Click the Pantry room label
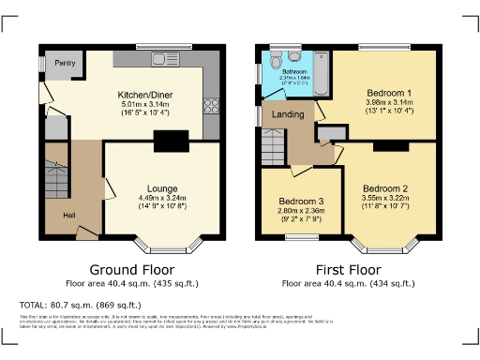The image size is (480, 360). [65, 63]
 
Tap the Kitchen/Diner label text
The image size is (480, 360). [145, 95]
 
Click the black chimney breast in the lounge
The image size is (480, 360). [170, 142]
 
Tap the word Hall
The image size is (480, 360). [69, 216]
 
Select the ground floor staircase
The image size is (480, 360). [58, 179]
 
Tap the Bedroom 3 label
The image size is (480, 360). [302, 202]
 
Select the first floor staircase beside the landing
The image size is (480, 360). [273, 147]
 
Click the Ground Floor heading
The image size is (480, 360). [145, 267]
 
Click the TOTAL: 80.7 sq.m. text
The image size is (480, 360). [81, 305]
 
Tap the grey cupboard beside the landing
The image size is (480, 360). [326, 133]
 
